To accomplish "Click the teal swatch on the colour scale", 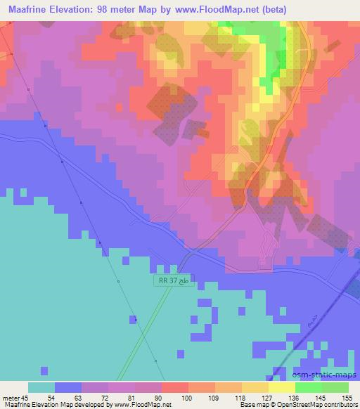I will pos(41,387).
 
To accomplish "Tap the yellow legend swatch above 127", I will pos(255,387).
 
